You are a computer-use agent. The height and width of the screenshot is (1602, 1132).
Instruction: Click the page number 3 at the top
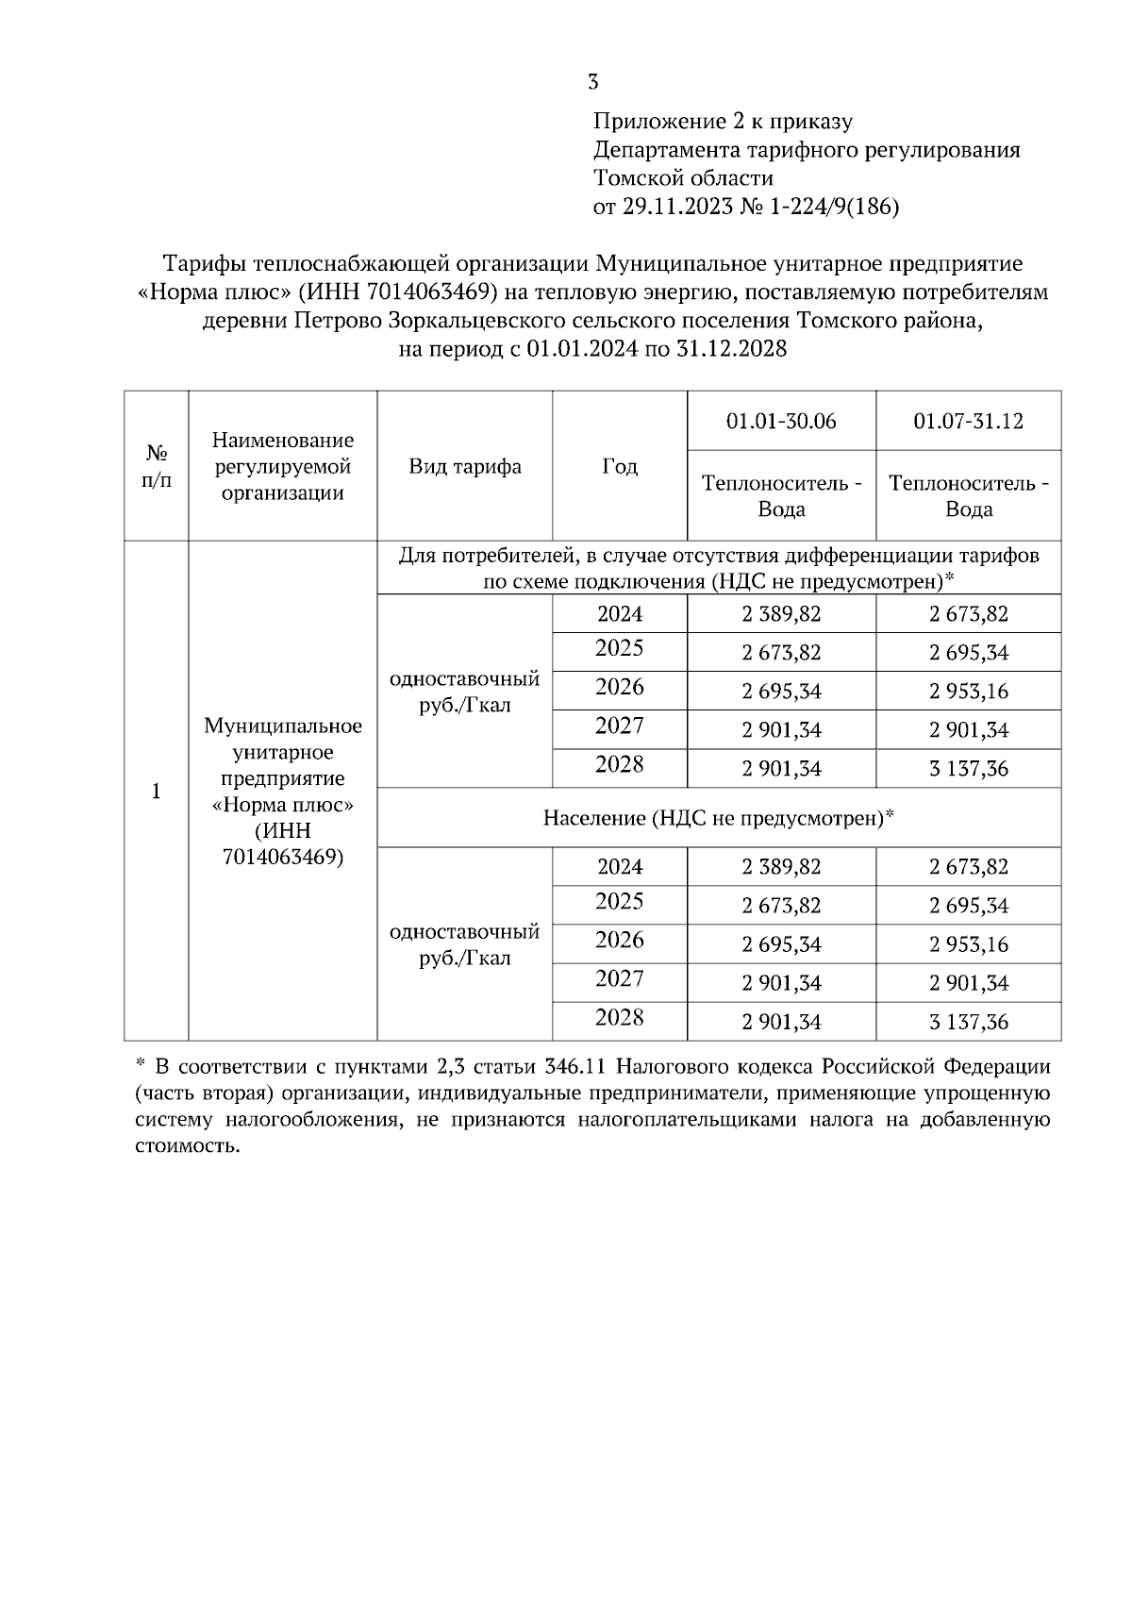(592, 82)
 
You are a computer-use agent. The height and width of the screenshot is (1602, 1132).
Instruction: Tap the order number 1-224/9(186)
(835, 208)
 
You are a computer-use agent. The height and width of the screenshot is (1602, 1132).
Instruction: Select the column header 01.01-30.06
(781, 421)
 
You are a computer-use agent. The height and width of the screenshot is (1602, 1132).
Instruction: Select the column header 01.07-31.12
(968, 421)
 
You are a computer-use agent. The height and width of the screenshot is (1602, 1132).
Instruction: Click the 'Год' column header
(620, 466)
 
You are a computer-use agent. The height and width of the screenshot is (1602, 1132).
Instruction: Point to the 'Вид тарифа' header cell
(464, 466)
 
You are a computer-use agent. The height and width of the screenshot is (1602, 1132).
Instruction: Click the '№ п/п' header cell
(157, 466)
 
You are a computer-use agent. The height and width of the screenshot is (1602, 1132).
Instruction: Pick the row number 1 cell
(157, 791)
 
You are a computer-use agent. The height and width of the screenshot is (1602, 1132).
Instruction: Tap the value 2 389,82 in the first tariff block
(781, 614)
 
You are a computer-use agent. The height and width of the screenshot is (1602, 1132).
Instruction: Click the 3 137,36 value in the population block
(968, 1022)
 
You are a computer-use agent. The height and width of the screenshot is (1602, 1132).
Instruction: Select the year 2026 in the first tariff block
(620, 688)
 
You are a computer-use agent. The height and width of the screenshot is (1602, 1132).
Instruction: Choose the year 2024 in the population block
(620, 866)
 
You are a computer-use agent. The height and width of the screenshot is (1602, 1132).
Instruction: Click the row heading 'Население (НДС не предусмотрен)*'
(718, 818)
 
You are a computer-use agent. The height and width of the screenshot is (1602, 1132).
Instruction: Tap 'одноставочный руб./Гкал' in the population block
(464, 944)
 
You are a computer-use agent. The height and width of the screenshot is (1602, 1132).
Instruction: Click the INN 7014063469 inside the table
(283, 857)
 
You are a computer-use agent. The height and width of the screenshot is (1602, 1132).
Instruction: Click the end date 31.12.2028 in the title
(730, 350)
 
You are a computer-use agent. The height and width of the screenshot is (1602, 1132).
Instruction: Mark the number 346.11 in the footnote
(579, 1067)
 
